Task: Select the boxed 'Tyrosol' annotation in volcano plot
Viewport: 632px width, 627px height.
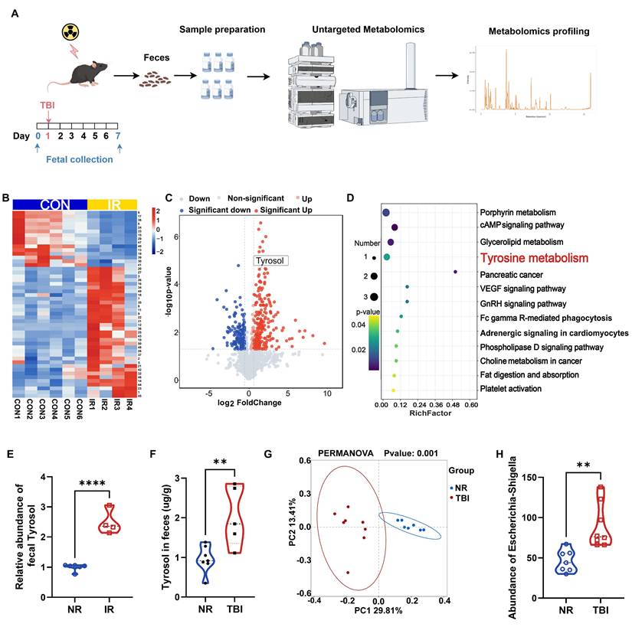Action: tap(269, 261)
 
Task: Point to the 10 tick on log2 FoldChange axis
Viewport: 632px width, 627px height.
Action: tap(327, 394)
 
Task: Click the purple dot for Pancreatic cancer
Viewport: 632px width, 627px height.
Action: tap(455, 272)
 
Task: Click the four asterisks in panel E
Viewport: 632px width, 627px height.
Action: tap(93, 482)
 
